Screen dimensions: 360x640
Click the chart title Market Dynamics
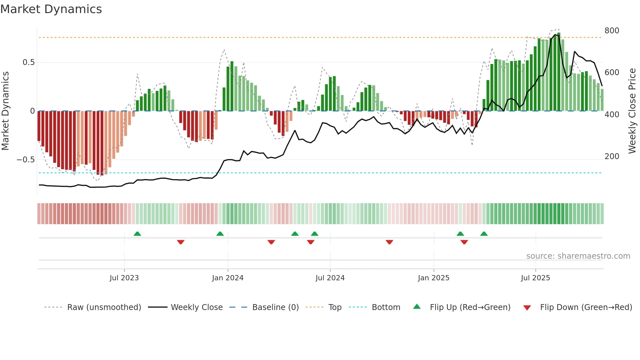[51, 9]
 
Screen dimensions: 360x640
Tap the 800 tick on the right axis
[612, 31]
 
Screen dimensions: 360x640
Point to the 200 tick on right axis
[612, 156]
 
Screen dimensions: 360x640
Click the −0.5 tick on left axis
[25, 160]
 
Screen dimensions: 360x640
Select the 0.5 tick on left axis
[28, 62]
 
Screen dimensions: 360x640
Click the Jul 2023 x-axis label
[124, 278]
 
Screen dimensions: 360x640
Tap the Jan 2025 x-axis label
[433, 278]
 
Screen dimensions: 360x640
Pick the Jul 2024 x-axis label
[330, 278]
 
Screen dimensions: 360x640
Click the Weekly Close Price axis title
[632, 111]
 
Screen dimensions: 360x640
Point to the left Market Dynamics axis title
[5, 111]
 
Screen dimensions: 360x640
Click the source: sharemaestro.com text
[578, 256]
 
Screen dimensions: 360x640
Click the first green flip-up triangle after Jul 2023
[137, 234]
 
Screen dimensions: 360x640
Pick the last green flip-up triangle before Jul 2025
[484, 234]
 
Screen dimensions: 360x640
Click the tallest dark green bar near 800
[559, 72]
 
